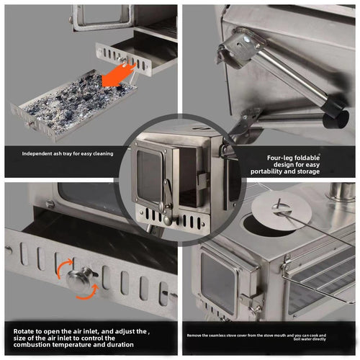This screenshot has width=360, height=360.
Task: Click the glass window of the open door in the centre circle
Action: (x=150, y=176)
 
